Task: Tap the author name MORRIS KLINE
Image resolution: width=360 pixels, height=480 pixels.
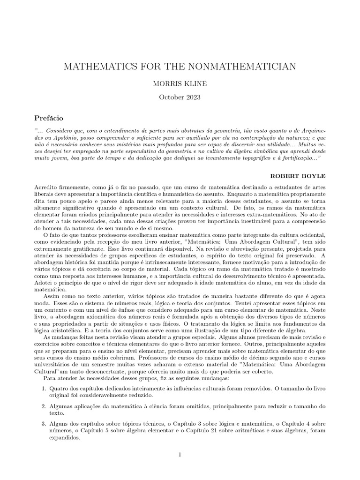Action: (180, 84)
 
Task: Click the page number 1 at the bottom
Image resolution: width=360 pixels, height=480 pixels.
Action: (180, 454)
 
